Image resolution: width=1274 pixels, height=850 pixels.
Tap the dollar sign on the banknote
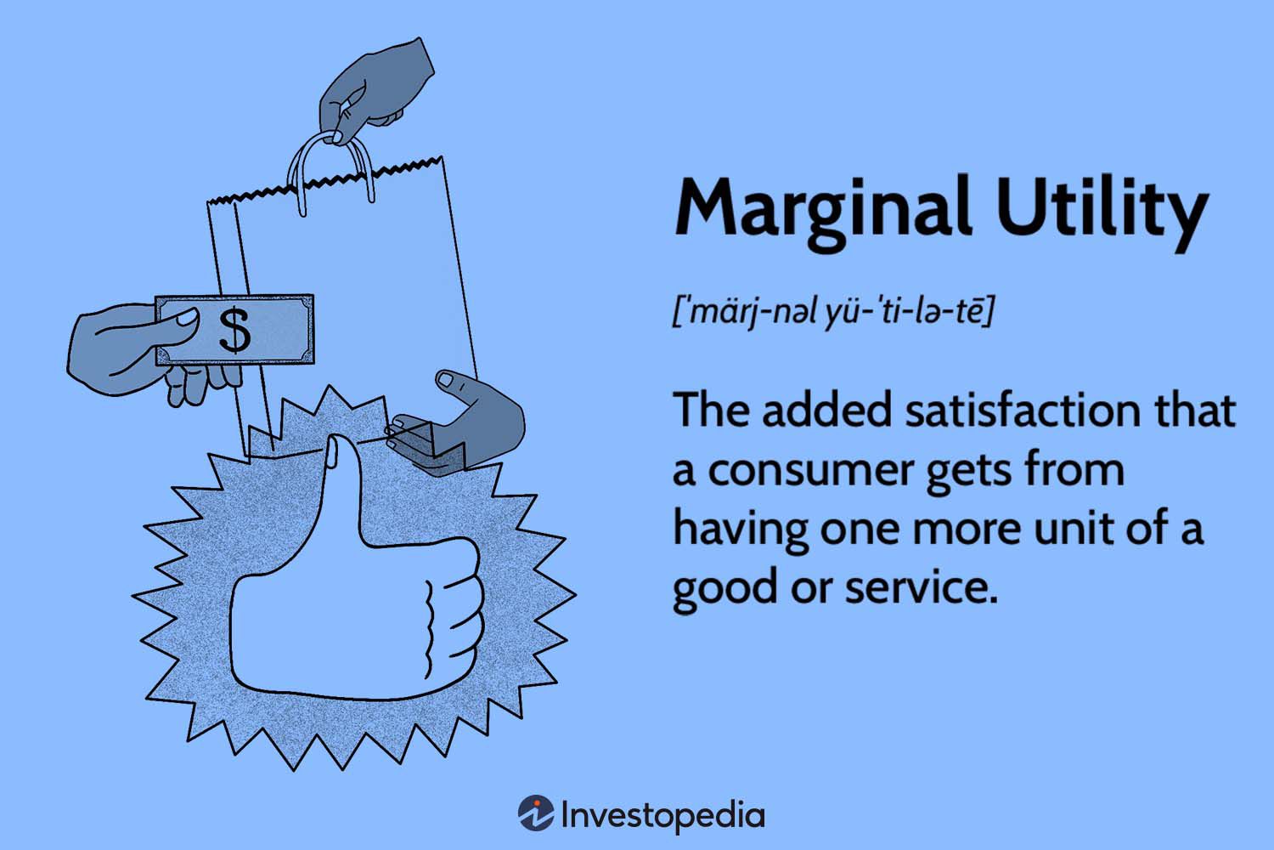(x=235, y=330)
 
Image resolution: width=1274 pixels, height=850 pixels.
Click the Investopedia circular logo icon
(x=536, y=814)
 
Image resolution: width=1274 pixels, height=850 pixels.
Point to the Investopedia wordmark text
(x=663, y=815)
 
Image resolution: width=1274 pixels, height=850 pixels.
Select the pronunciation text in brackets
(x=832, y=312)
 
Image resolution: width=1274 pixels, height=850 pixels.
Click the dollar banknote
(x=235, y=330)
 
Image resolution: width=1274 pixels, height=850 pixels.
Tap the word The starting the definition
(x=710, y=411)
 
